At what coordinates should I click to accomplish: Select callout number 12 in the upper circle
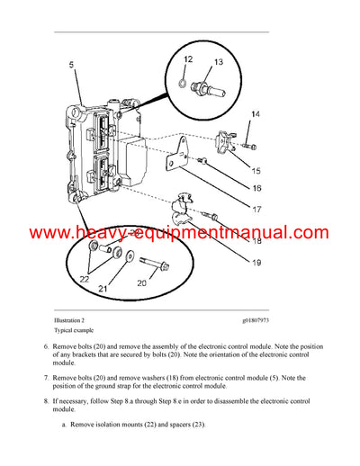pos(188,60)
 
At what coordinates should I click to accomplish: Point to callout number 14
pos(256,114)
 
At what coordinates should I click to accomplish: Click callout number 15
pos(256,170)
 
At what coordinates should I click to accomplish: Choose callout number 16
pos(256,189)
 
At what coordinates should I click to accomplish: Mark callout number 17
pos(256,210)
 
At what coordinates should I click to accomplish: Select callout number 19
pos(256,263)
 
